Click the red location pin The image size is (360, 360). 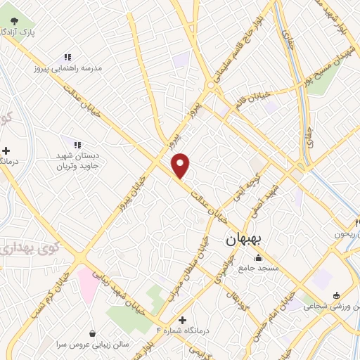pos(181,166)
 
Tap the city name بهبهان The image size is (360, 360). pos(243,240)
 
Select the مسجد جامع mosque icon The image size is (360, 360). pos(257,257)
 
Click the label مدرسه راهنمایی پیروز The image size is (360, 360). pos(68,69)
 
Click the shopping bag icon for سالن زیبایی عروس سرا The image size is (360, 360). pos(93,333)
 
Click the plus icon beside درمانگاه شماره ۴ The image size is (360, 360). pos(182,320)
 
